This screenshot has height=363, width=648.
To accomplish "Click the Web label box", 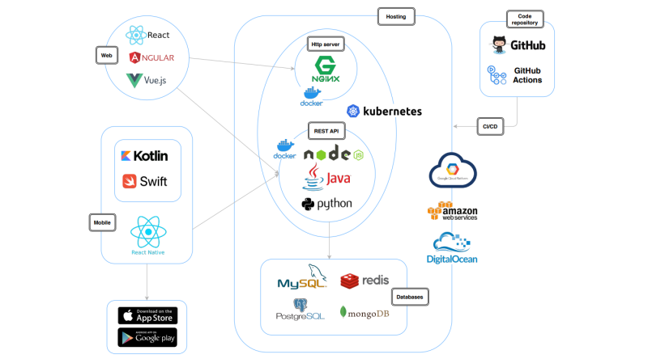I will (x=105, y=55).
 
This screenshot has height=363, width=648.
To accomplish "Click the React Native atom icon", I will (x=147, y=232).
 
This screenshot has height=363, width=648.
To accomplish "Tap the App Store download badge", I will (x=147, y=315).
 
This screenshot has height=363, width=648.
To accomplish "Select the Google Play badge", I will (x=147, y=337).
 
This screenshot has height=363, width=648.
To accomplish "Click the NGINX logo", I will (x=326, y=70).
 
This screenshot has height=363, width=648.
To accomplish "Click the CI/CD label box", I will (x=490, y=126).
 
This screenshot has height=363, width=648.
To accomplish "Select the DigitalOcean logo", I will (x=452, y=247).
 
